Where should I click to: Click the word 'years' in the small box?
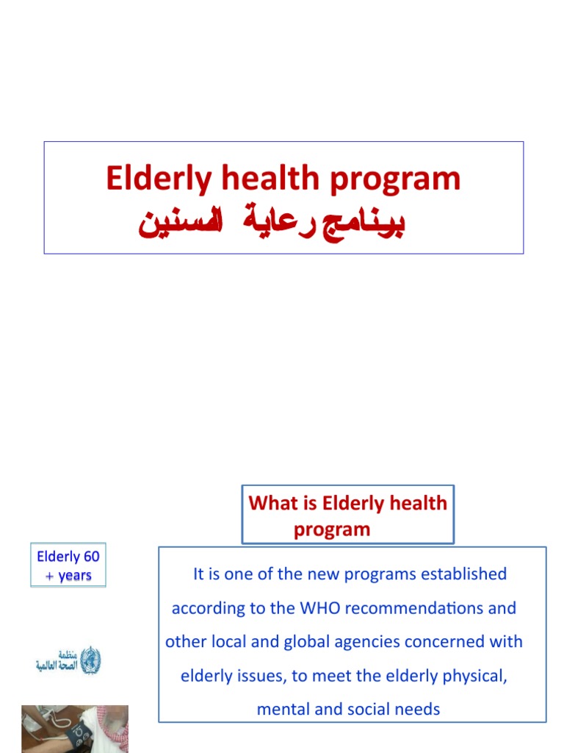[74, 575]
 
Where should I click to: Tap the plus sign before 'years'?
[50, 576]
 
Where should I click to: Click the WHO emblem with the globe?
[90, 660]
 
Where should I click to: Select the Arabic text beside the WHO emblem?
[57, 660]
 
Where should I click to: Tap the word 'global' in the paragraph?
[305, 641]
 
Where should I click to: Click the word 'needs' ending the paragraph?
[415, 709]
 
